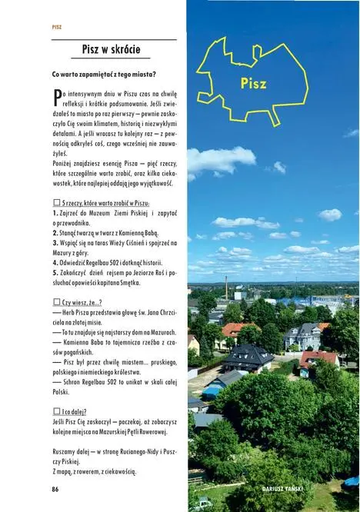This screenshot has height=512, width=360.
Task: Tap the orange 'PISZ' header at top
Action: pyautogui.click(x=57, y=26)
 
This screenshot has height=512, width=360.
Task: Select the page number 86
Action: pyautogui.click(x=55, y=489)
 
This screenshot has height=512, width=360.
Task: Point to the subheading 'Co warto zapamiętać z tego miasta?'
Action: pyautogui.click(x=104, y=74)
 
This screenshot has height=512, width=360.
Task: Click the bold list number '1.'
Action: pyautogui.click(x=55, y=212)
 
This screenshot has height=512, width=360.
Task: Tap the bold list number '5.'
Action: pyautogui.click(x=55, y=271)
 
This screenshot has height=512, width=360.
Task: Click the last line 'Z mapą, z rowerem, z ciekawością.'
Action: pyautogui.click(x=102, y=472)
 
